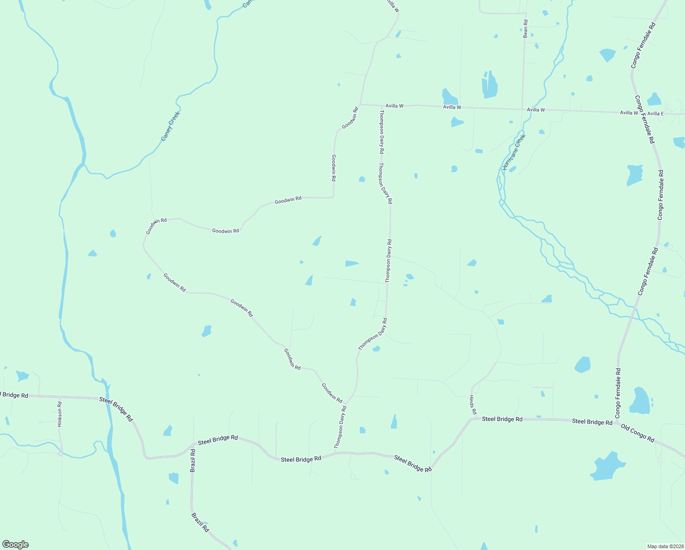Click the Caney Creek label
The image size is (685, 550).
click(x=170, y=126)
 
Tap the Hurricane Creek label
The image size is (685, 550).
click(x=514, y=152)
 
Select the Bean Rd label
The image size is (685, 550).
click(x=526, y=28)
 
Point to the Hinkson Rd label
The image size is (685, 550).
click(x=60, y=414)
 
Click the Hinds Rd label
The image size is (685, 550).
click(x=473, y=405)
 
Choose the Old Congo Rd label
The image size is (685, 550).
click(x=637, y=433)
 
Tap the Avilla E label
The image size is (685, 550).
click(x=656, y=114)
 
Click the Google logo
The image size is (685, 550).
click(x=16, y=544)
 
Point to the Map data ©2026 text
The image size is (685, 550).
click(x=665, y=546)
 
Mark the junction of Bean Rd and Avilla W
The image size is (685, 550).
click(x=522, y=110)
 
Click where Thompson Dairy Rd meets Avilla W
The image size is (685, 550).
click(x=381, y=106)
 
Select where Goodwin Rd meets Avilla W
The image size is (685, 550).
click(x=360, y=104)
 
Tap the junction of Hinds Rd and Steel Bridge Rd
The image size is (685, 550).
click(x=473, y=418)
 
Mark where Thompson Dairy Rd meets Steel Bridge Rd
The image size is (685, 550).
click(x=336, y=453)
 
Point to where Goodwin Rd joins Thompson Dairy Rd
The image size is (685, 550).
click(x=346, y=405)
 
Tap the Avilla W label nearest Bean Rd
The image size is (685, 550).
click(x=536, y=110)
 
